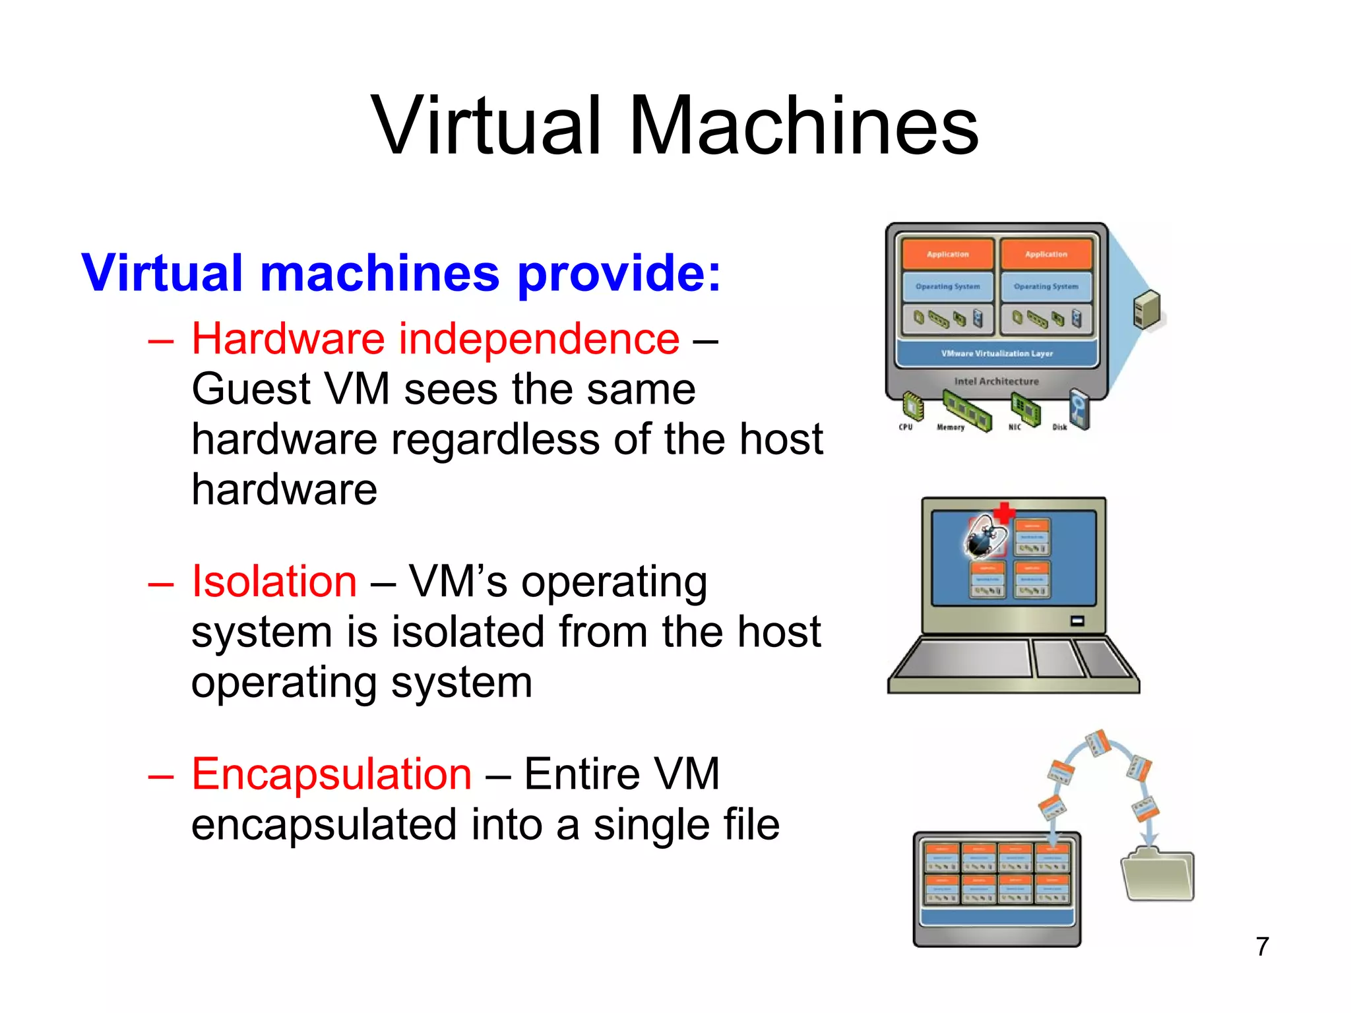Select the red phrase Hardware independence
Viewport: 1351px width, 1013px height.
click(435, 339)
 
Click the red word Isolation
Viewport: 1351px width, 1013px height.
click(274, 582)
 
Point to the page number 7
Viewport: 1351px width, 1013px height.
click(1262, 946)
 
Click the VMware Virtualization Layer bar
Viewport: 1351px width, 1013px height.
click(996, 353)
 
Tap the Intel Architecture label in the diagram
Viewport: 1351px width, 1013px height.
click(996, 381)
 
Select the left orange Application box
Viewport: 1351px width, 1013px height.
click(947, 254)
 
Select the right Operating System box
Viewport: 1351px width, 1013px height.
click(1046, 287)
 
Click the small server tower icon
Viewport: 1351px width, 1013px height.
click(1147, 310)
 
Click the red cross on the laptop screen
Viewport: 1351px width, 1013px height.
click(1004, 512)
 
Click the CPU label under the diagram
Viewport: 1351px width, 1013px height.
click(906, 427)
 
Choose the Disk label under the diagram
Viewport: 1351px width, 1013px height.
click(1059, 427)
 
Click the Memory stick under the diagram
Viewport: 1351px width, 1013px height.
click(966, 410)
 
